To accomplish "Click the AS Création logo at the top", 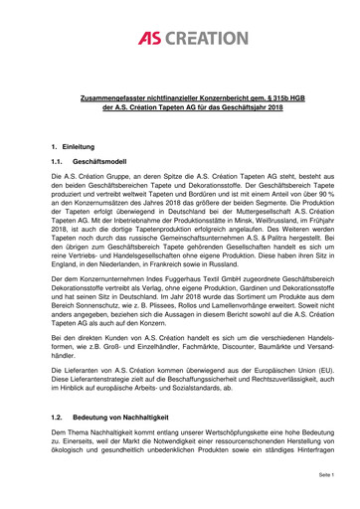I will pyautogui.click(x=180, y=37).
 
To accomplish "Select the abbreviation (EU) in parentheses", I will pyautogui.click(x=300, y=365).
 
